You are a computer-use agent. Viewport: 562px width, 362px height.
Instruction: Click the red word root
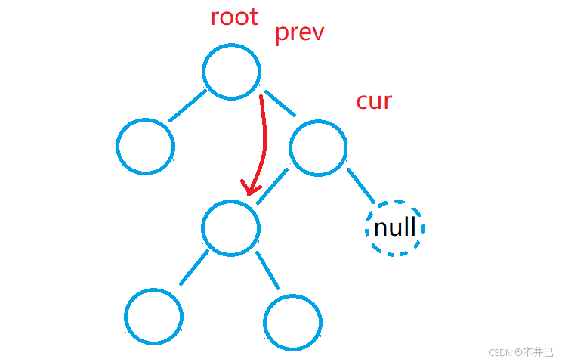pos(234,17)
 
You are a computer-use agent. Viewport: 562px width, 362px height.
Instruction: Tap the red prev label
pos(299,33)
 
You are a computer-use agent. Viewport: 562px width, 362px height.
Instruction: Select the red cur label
pos(374,101)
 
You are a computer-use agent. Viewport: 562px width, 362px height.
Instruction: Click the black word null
pos(395,227)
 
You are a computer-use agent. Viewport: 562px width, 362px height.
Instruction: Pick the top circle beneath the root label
pos(232,72)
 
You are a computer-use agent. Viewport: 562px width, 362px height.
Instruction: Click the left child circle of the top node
pos(146,146)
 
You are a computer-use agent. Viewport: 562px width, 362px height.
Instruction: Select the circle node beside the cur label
pos(318,148)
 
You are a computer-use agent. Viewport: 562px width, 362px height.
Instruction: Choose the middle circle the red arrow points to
pos(231,227)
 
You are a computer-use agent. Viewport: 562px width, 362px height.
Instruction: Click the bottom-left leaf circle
pos(154,317)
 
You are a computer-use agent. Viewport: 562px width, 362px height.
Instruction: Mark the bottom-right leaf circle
pos(294,321)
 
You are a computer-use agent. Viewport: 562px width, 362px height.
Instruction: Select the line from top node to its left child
pos(188,106)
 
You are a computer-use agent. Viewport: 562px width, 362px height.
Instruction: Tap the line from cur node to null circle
pos(360,185)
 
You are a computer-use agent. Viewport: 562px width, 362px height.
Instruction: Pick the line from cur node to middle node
pos(272,185)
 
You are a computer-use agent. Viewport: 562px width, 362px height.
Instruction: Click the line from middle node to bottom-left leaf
pos(193,267)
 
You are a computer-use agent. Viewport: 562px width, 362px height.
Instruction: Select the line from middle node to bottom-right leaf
pos(268,270)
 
